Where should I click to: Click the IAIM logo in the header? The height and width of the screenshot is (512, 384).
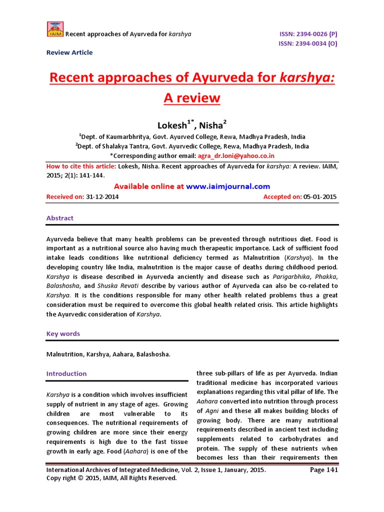pyautogui.click(x=55, y=29)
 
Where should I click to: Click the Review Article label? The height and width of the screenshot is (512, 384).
pyautogui.click(x=69, y=52)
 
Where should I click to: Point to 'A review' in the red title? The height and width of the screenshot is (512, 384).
pyautogui.click(x=191, y=97)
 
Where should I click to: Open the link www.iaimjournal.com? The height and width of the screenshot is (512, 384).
pyautogui.click(x=228, y=186)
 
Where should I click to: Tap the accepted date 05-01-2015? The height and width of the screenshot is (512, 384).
pyautogui.click(x=320, y=197)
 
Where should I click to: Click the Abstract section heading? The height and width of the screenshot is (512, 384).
pyautogui.click(x=59, y=218)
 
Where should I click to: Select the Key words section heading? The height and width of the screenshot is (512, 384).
pyautogui.click(x=63, y=333)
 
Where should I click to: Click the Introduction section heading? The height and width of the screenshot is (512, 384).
pyautogui.click(x=66, y=373)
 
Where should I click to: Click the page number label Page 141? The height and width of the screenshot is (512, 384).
pyautogui.click(x=324, y=470)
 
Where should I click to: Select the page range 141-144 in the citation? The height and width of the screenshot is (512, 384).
pyautogui.click(x=90, y=176)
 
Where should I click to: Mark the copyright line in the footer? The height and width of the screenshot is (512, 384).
pyautogui.click(x=111, y=478)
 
